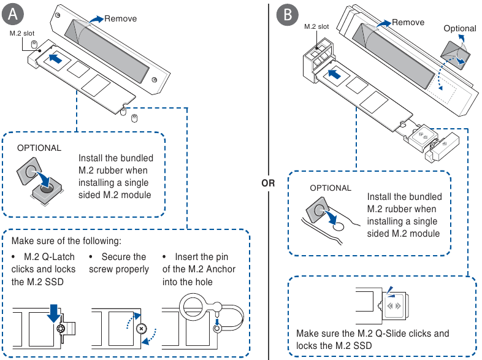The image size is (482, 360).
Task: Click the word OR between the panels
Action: tap(268, 183)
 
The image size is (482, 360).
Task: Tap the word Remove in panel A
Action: tap(120, 18)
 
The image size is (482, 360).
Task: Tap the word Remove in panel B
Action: tap(408, 22)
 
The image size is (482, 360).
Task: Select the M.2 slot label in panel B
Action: tap(316, 26)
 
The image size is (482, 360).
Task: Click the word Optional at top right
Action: tap(459, 28)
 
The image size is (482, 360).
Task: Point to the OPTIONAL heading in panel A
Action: tap(39, 148)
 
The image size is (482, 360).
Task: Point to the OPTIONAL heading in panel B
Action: tap(331, 188)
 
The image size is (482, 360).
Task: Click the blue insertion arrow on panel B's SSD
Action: tap(335, 74)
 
